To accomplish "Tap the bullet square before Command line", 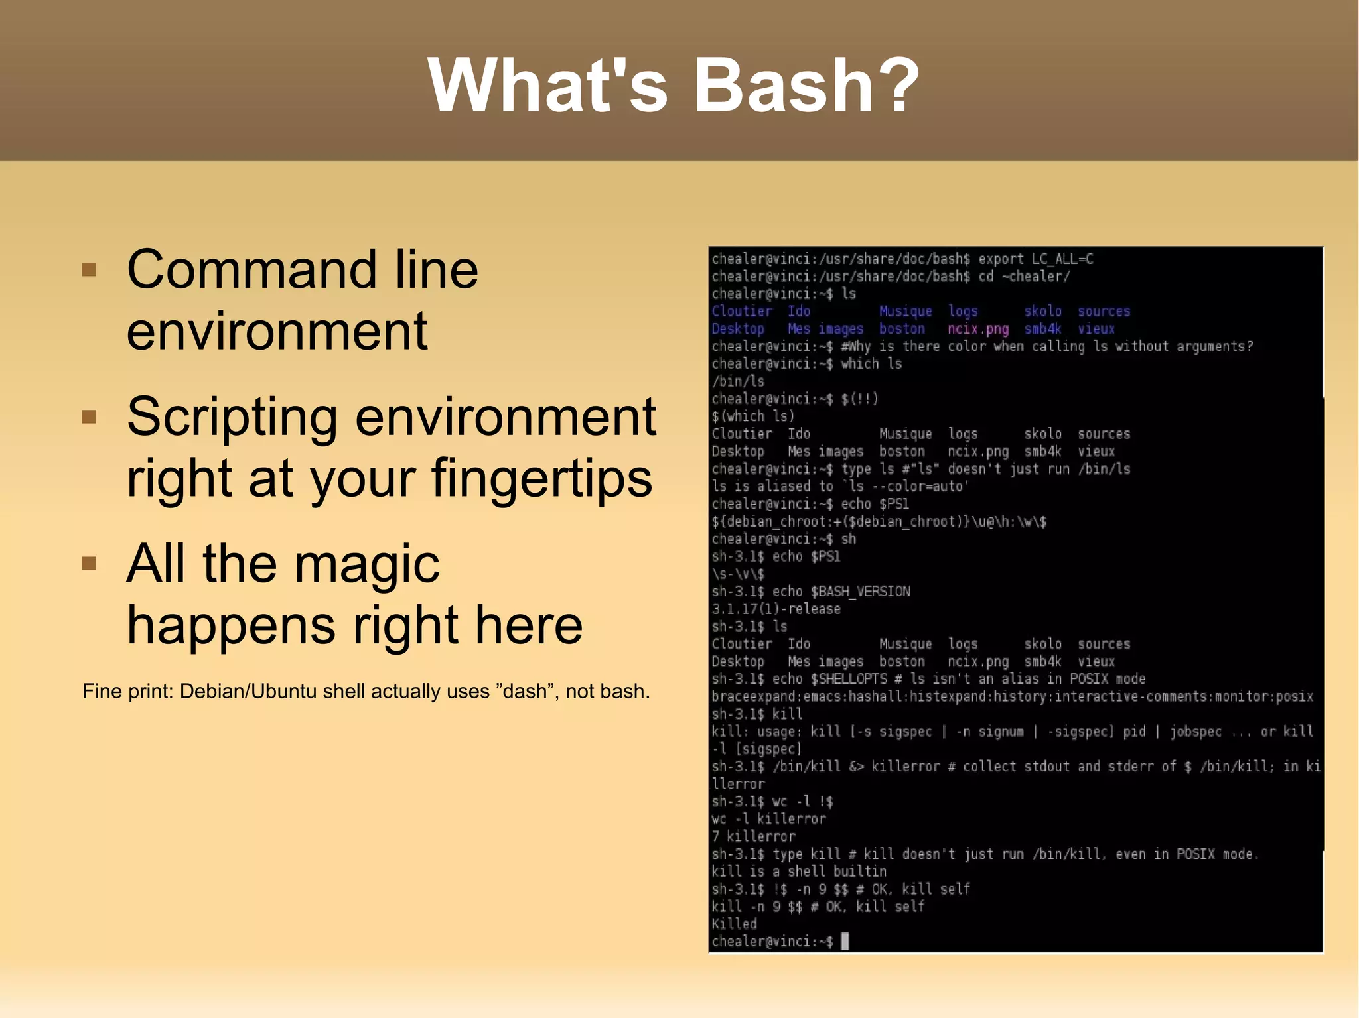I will tap(89, 269).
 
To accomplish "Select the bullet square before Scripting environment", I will tap(89, 416).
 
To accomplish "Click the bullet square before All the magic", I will tap(89, 564).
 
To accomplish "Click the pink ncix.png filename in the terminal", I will tap(977, 329).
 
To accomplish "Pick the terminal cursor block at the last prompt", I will tap(845, 941).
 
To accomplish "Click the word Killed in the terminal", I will tap(734, 924).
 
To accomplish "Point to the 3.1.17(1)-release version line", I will tap(776, 609).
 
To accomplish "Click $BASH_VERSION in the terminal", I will tap(860, 592).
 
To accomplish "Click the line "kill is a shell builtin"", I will tap(798, 871).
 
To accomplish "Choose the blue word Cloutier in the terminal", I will tap(742, 311).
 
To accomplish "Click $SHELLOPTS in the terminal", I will tap(849, 679).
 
